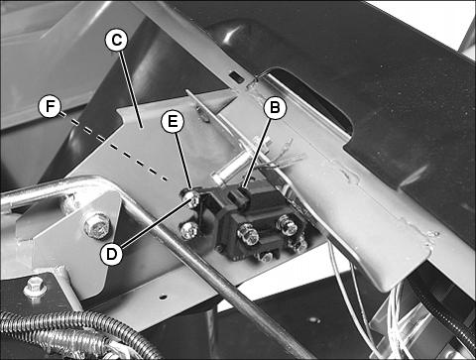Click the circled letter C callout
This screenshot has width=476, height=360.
(116, 41)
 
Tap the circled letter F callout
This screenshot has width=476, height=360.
(50, 107)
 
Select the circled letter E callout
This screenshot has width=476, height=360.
(173, 122)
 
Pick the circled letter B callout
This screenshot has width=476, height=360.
(275, 107)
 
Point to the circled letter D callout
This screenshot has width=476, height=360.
(112, 254)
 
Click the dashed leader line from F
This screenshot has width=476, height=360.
(113, 147)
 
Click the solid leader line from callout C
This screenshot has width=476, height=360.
(131, 88)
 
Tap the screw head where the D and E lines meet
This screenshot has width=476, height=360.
(192, 197)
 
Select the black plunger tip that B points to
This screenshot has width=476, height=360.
(242, 192)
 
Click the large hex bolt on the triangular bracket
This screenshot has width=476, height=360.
(96, 225)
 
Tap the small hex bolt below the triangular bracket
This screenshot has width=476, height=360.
(35, 288)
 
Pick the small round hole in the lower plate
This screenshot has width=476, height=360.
(162, 298)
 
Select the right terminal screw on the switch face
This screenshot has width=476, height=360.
(287, 225)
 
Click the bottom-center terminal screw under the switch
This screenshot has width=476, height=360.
(266, 255)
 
